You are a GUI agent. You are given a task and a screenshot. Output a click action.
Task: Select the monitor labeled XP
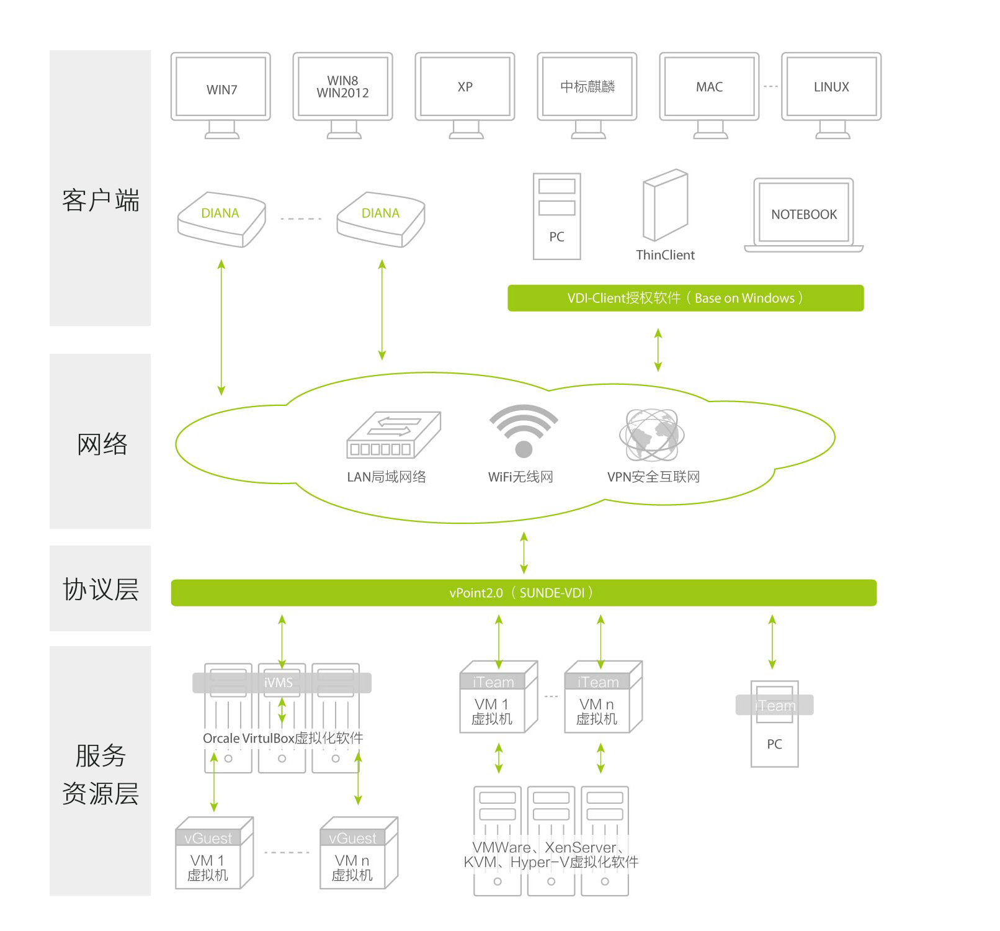465,87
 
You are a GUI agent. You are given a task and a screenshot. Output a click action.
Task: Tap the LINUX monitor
831,87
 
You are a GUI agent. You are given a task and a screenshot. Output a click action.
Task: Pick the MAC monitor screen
709,87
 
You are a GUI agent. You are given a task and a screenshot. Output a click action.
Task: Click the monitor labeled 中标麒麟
587,87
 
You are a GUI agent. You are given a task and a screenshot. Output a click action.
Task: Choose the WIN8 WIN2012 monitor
342,87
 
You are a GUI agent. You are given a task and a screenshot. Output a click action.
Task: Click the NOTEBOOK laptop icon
804,215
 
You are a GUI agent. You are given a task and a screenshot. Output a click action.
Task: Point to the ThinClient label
665,255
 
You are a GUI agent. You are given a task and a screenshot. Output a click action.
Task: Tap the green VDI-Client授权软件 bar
685,298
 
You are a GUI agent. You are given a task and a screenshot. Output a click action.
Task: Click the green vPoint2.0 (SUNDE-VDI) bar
524,593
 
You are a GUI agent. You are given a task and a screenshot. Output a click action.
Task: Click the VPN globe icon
651,434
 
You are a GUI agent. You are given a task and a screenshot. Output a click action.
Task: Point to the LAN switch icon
393,434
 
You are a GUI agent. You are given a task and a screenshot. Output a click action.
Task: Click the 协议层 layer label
100,589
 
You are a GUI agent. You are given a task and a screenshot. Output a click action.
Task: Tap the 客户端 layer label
100,200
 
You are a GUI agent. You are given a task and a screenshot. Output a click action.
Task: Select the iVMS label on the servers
279,683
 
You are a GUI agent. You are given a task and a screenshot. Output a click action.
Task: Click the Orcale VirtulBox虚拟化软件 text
283,738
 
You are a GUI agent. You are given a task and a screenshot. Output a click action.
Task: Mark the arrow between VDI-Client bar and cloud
658,350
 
